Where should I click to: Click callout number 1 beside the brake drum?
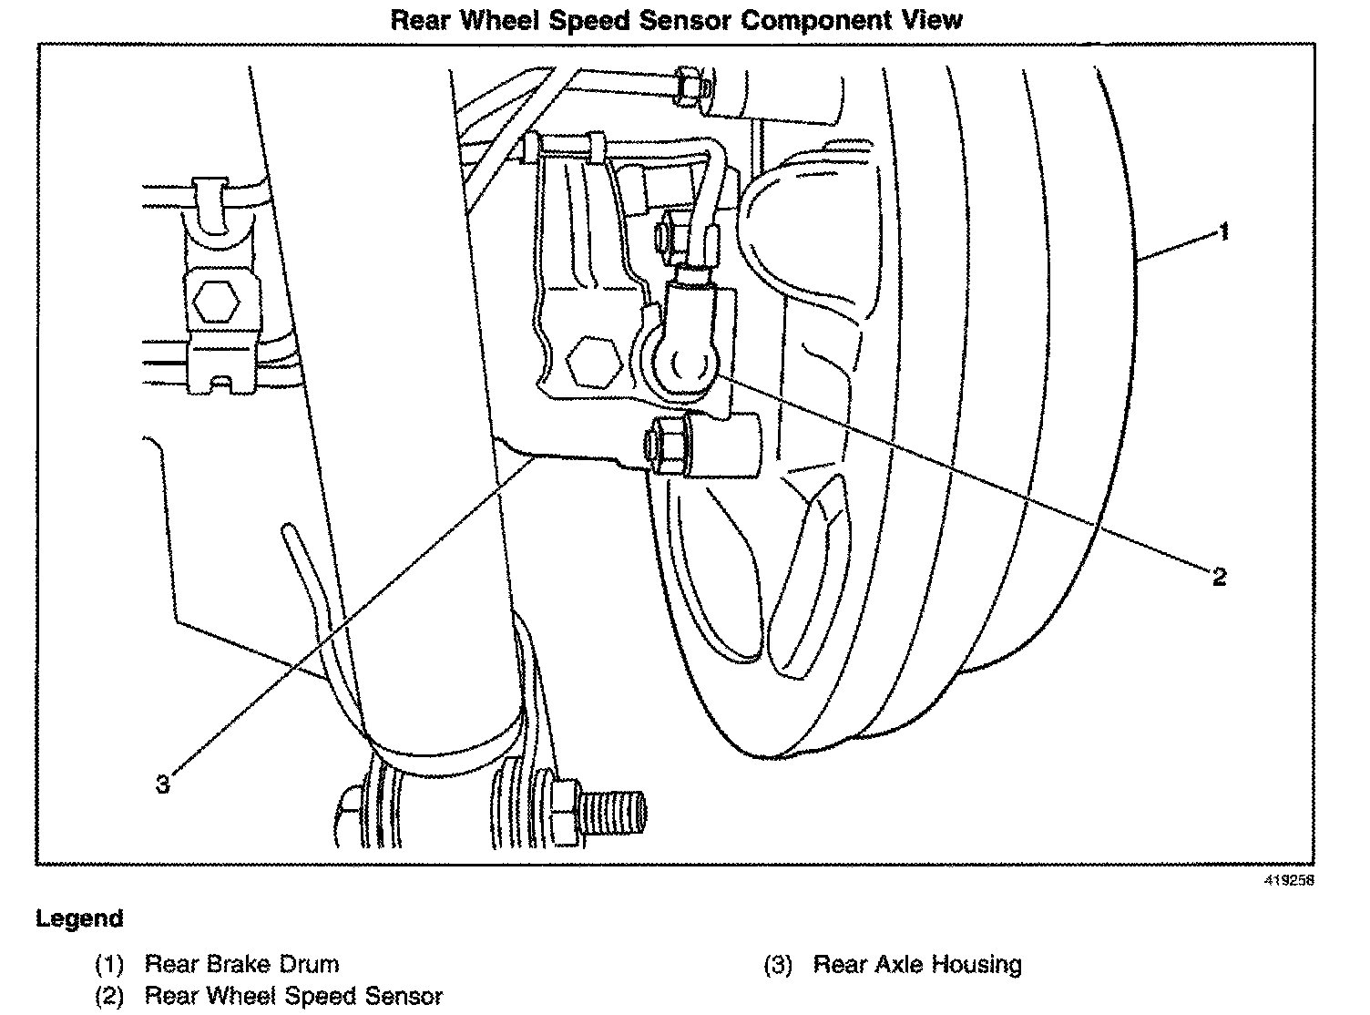pos(1223,232)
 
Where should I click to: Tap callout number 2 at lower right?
pos(1219,576)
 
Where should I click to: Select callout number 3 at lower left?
pos(163,784)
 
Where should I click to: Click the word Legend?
pos(79,918)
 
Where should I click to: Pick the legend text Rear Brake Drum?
pos(241,964)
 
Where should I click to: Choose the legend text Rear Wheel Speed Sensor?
pos(293,997)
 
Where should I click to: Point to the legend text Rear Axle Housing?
pos(917,964)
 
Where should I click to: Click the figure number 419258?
pos(1288,880)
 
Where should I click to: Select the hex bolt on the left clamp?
pos(216,299)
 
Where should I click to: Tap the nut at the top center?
pos(691,87)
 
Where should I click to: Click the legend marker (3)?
pos(777,964)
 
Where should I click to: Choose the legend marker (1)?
pos(109,964)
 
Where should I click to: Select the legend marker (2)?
pos(109,997)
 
